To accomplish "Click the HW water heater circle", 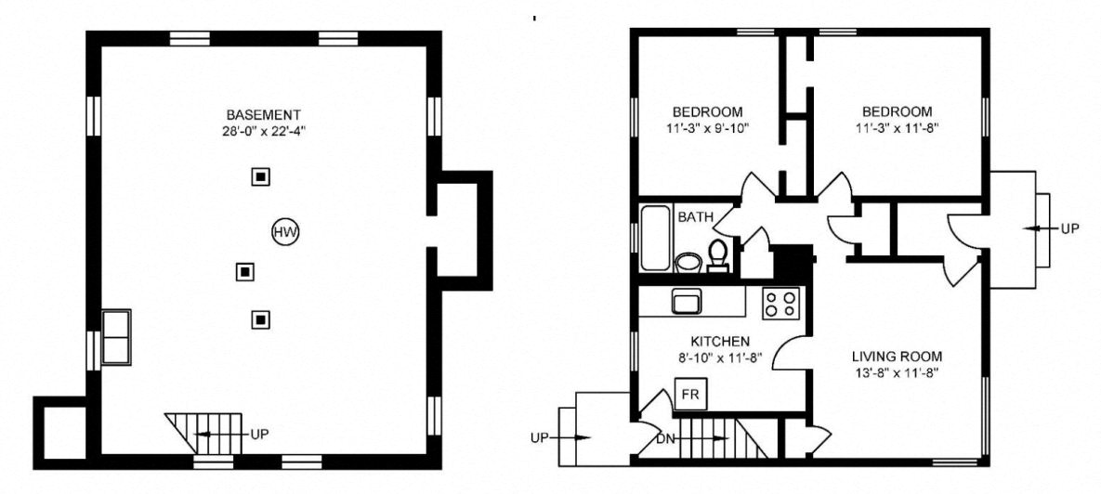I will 286,232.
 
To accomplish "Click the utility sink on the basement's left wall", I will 116,336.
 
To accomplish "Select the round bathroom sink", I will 688,262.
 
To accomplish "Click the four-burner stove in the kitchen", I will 780,304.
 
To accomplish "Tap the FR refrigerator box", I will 689,394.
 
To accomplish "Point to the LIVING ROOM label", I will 897,356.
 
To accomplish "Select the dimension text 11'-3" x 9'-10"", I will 707,128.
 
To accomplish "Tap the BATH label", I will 695,217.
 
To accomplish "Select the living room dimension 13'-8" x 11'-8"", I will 897,372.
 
